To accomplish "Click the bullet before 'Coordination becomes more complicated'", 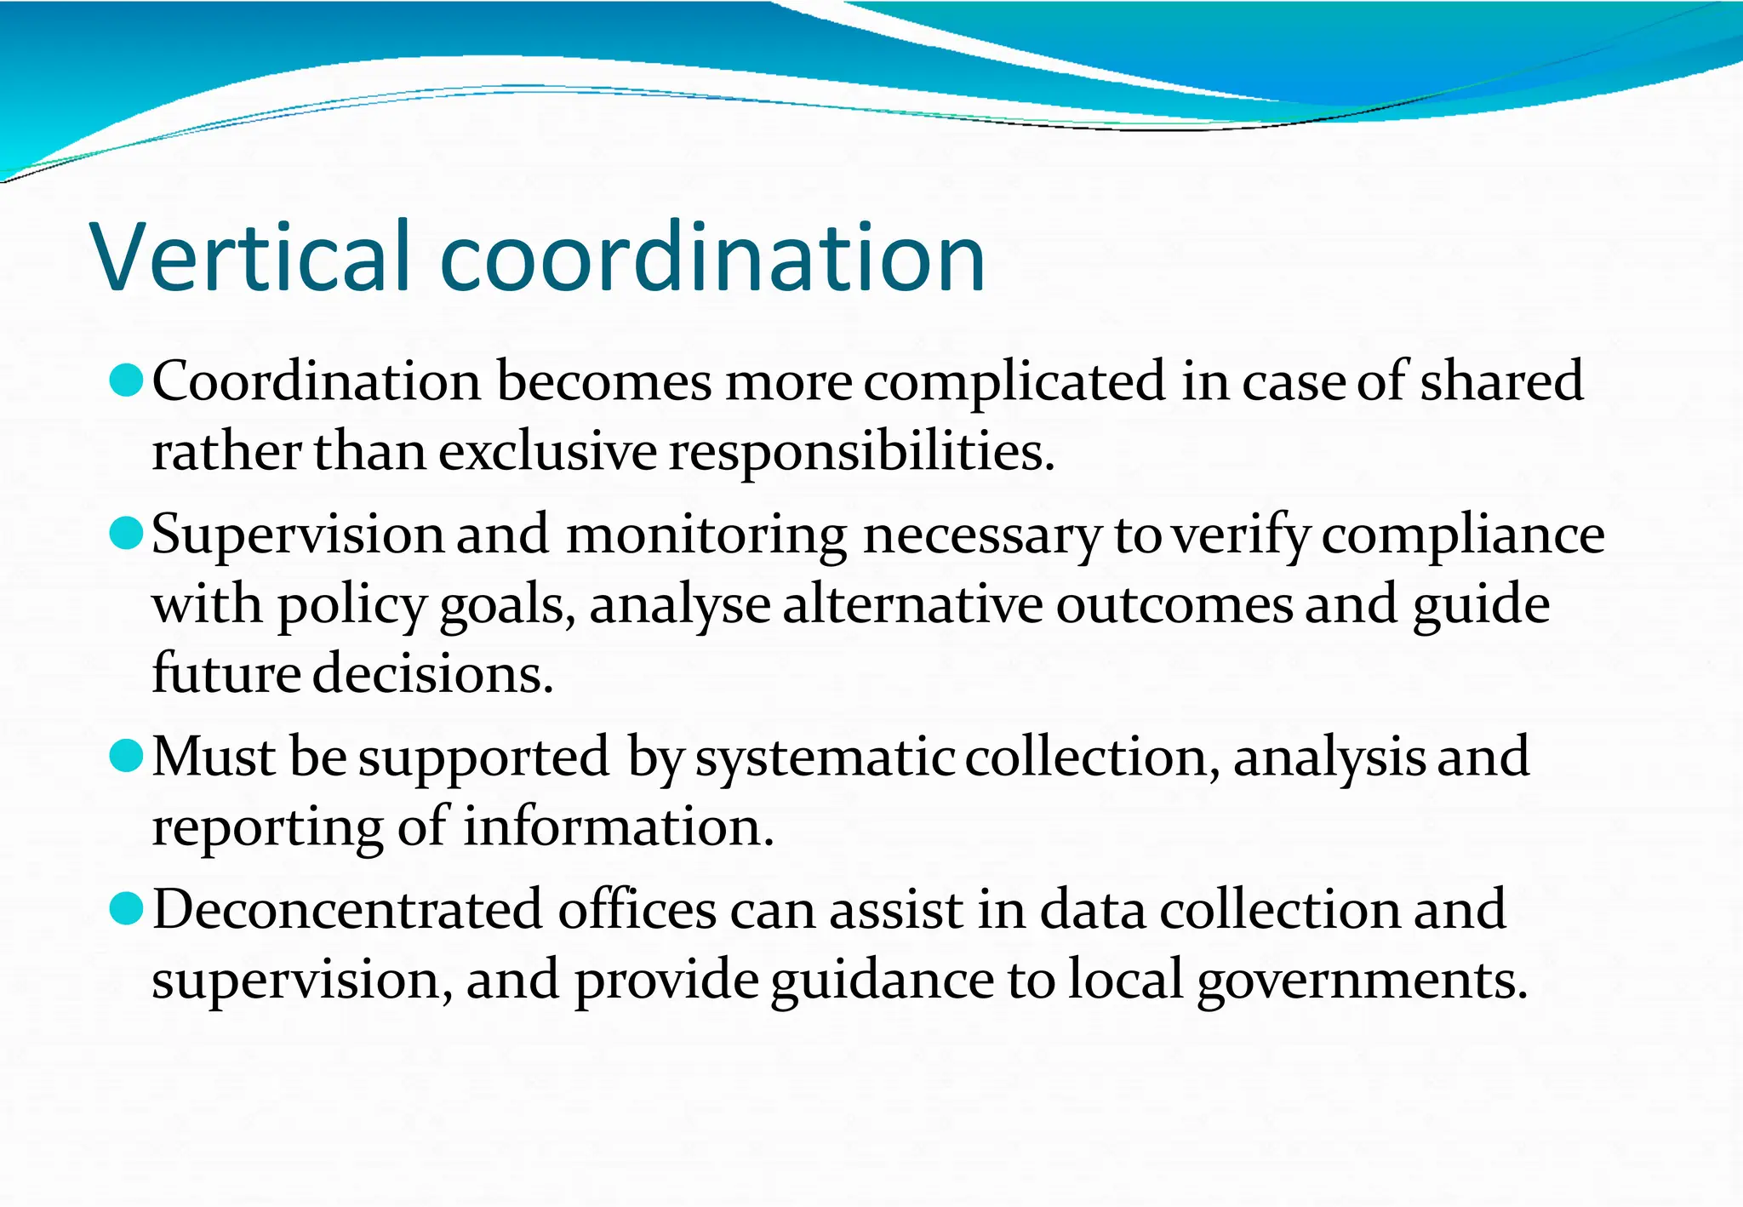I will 127,380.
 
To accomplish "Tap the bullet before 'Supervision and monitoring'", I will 127,533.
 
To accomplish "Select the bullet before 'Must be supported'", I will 127,755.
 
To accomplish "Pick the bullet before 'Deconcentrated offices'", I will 127,908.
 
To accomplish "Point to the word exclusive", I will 548,451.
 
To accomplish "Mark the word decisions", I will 433,673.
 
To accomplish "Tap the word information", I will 618,827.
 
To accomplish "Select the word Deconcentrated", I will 347,910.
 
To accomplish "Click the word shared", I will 1501,381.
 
